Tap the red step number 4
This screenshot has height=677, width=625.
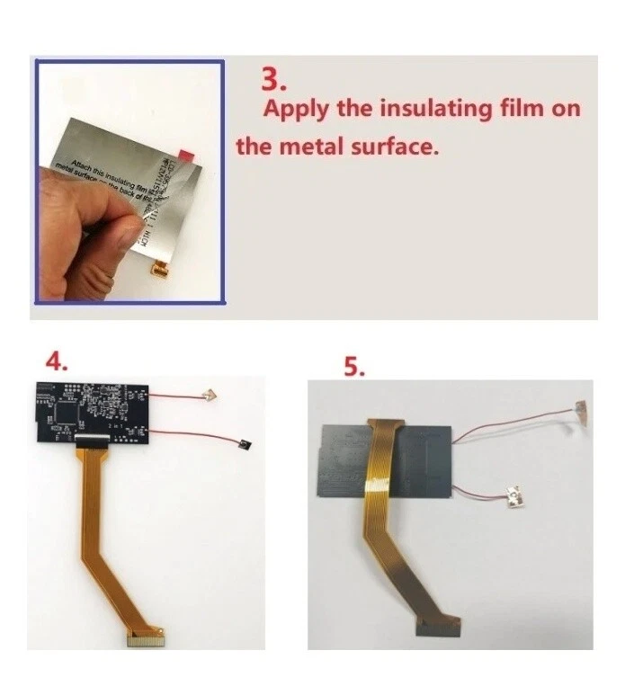56,361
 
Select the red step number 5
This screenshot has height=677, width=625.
355,367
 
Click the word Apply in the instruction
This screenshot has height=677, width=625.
294,110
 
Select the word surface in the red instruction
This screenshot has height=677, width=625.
397,146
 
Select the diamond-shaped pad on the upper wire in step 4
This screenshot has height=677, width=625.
210,393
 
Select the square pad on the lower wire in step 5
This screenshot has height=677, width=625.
515,494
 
